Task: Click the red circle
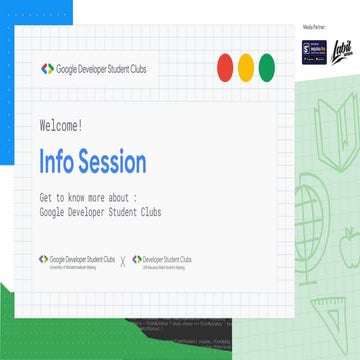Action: point(225,68)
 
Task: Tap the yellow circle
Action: point(246,68)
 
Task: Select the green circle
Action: point(267,68)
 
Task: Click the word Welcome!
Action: point(61,126)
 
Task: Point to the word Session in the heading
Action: point(111,161)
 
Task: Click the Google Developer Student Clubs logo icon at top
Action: point(46,68)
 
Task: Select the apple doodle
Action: point(349,238)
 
